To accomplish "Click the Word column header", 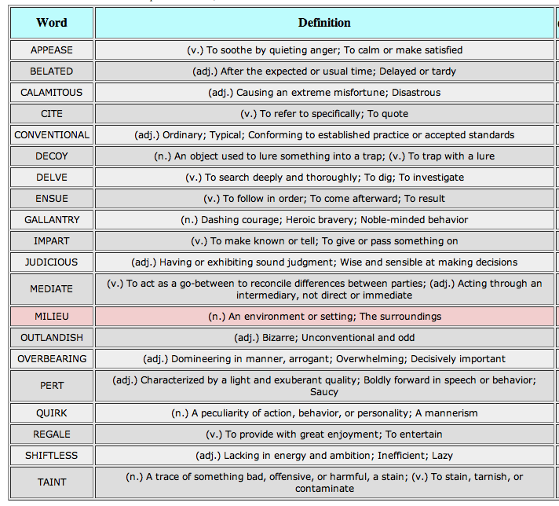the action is click(52, 23).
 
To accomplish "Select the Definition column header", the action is click(324, 23).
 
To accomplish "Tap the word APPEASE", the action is click(52, 50).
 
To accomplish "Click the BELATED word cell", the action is click(52, 71).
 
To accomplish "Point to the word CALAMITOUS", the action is click(52, 93).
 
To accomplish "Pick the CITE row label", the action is click(52, 114).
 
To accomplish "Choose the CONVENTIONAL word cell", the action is click(52, 135).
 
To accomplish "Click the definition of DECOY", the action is click(324, 156).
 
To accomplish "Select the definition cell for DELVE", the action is click(324, 178).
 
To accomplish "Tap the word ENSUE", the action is click(52, 199).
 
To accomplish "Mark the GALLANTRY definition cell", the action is click(324, 220).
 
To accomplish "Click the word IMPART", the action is click(52, 241).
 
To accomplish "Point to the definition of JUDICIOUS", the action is click(324, 262).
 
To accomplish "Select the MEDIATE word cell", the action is click(52, 288).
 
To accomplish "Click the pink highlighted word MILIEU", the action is click(52, 317).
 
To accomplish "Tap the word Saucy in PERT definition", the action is click(324, 392).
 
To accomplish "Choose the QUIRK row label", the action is click(52, 412).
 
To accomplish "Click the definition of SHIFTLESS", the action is click(324, 456).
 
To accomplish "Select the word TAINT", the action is click(52, 482).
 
